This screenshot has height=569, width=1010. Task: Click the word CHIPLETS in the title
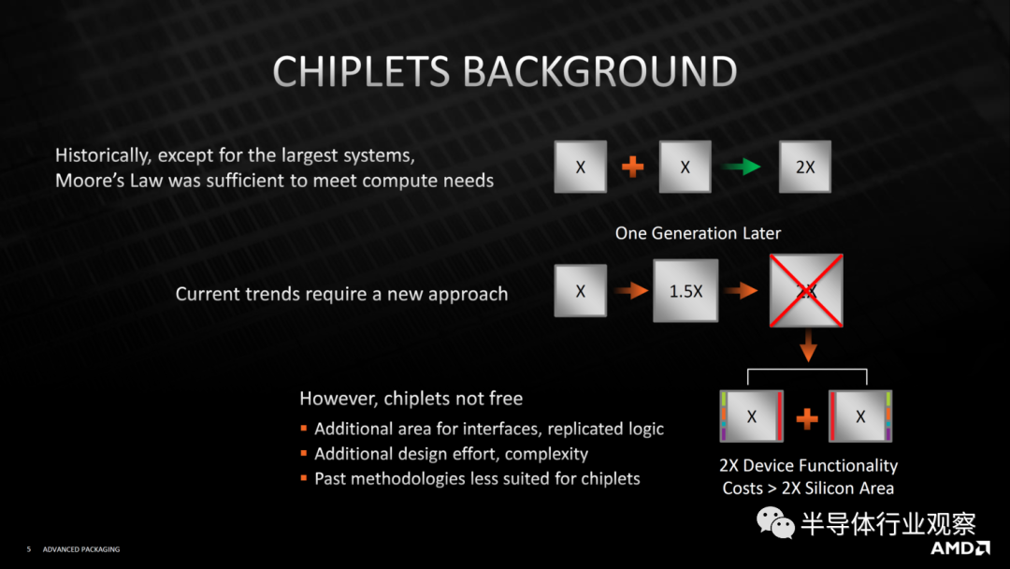(361, 71)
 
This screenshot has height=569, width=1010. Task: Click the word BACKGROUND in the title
(600, 71)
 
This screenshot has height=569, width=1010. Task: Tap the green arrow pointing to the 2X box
(742, 167)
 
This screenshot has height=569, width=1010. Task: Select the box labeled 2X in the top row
(804, 167)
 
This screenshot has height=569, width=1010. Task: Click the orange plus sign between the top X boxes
(632, 167)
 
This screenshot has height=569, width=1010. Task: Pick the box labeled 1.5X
(685, 291)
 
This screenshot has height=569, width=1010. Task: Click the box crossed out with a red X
(806, 291)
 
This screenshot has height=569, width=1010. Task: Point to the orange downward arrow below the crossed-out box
(808, 346)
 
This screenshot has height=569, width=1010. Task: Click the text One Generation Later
(698, 233)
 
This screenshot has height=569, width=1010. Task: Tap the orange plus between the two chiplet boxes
(806, 418)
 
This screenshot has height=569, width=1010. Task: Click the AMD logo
(959, 547)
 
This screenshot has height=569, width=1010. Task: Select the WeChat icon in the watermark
(775, 522)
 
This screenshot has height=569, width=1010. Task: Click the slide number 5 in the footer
(28, 549)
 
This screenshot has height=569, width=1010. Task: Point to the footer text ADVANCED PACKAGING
(81, 549)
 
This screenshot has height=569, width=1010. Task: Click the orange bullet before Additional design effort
(303, 453)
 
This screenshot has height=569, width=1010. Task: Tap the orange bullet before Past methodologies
(303, 477)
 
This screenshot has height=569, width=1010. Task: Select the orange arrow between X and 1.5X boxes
(630, 291)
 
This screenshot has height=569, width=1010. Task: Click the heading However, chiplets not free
(411, 399)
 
